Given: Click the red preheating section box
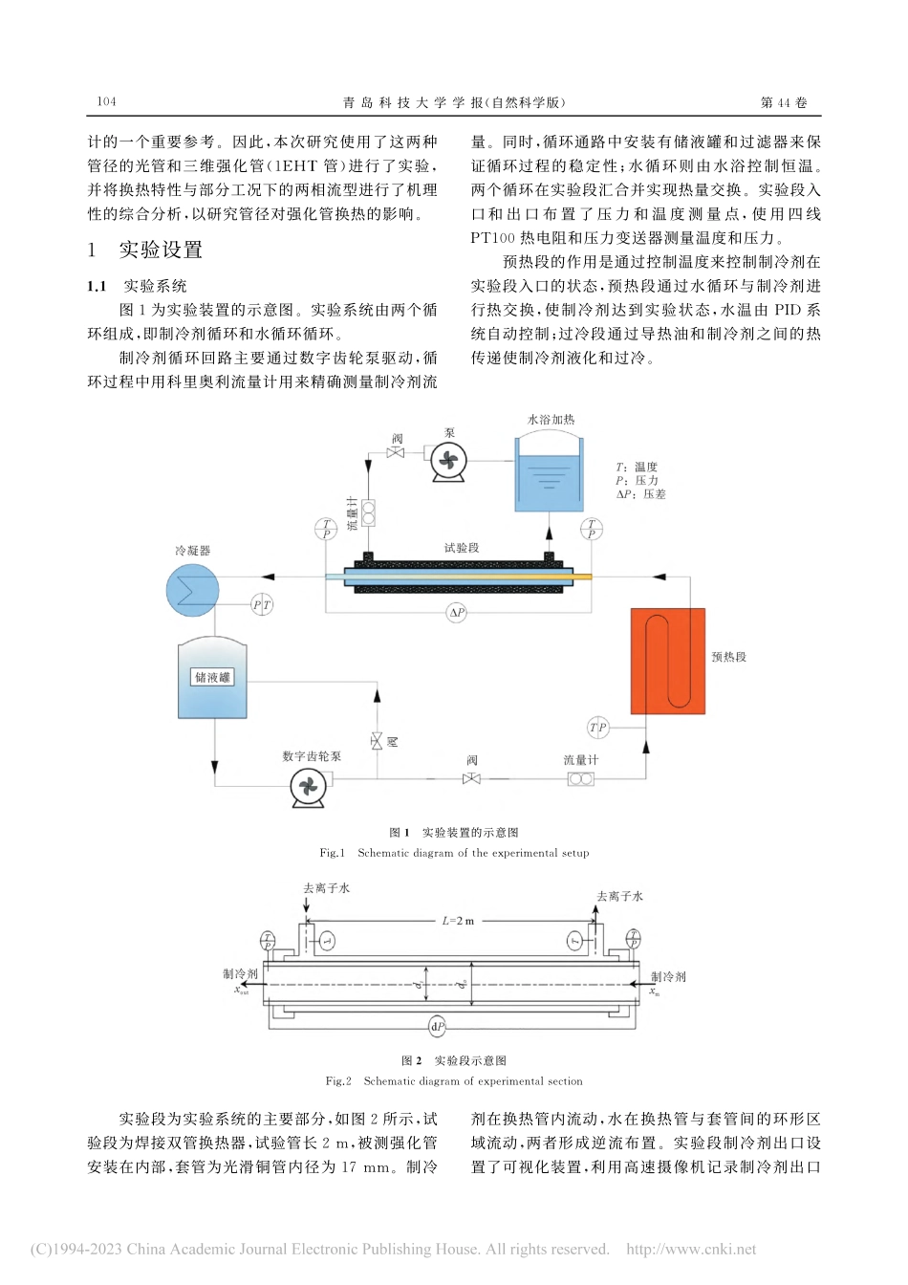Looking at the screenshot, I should [667, 661].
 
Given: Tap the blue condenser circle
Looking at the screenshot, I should [193, 589].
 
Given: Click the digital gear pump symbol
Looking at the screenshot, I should [308, 787].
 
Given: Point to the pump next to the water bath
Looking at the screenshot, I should [447, 462].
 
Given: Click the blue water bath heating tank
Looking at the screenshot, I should [549, 475].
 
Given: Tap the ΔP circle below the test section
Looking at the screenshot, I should [457, 613].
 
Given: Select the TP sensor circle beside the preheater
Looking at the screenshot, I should [598, 728].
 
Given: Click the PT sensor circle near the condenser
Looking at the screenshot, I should [262, 604].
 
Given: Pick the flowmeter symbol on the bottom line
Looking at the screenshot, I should [580, 779].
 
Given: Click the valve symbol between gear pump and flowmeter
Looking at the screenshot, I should [471, 779].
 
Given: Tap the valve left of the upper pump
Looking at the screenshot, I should [396, 452].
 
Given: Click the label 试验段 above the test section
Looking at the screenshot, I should [462, 548].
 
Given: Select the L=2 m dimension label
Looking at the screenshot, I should [458, 921].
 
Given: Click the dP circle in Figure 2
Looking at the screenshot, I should [437, 1027].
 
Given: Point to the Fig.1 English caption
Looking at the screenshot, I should [454, 853].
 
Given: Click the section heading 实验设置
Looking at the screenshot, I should [161, 250].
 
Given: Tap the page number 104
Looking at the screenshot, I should [106, 101].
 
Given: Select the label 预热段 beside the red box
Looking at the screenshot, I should [728, 657].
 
